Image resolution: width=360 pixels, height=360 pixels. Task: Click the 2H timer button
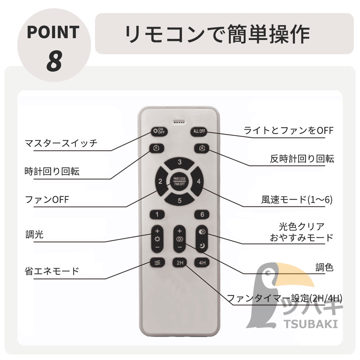click(x=180, y=263)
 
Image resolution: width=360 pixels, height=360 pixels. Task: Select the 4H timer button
click(x=202, y=263)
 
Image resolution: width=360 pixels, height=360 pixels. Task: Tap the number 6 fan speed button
click(x=202, y=215)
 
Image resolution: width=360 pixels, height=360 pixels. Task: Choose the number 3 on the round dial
click(x=180, y=163)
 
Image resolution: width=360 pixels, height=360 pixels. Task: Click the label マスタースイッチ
click(x=61, y=143)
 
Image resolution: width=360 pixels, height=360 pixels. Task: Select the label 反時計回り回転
click(x=302, y=158)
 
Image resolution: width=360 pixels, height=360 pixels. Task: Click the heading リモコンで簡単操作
click(x=217, y=34)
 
